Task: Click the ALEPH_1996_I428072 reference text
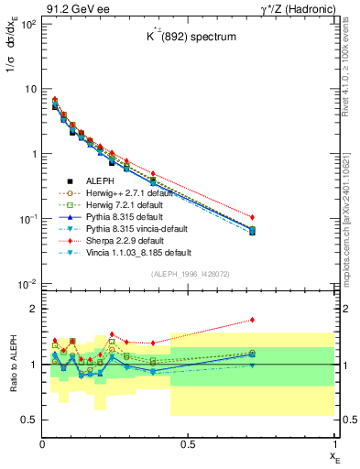click(190, 273)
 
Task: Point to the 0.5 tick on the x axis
click(188, 442)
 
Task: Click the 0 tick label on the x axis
click(43, 442)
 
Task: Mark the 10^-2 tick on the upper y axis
click(27, 284)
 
